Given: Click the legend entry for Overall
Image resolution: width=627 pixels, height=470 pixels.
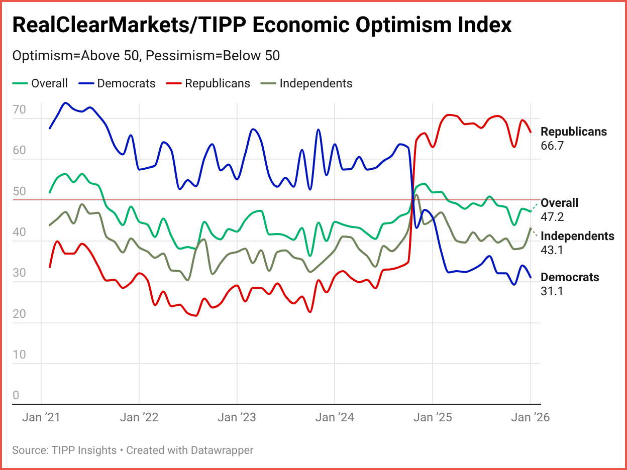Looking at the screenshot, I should pyautogui.click(x=49, y=83).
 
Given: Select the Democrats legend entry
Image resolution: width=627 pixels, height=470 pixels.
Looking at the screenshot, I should pyautogui.click(x=126, y=83).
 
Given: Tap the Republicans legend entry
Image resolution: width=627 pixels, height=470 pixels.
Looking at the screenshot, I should pyautogui.click(x=217, y=83).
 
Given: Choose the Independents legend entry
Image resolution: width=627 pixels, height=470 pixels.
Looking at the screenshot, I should pyautogui.click(x=316, y=83).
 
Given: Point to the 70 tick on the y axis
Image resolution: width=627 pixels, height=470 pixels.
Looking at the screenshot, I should pyautogui.click(x=19, y=109).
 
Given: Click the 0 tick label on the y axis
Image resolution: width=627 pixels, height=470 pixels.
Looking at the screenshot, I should pyautogui.click(x=16, y=395).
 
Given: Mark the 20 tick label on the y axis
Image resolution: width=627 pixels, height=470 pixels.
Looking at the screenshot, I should pyautogui.click(x=19, y=314).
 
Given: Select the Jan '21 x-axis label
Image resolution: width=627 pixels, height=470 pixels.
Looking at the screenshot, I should pyautogui.click(x=41, y=417).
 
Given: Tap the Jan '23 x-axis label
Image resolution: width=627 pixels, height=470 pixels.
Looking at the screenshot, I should pyautogui.click(x=237, y=417).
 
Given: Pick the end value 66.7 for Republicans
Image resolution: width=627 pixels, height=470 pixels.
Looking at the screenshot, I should pyautogui.click(x=552, y=146).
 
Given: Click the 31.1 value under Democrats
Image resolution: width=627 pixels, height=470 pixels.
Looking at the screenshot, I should pyautogui.click(x=551, y=291).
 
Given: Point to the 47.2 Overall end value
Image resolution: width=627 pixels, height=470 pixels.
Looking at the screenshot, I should pyautogui.click(x=552, y=217).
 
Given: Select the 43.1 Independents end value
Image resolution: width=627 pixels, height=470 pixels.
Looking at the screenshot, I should pyautogui.click(x=552, y=250).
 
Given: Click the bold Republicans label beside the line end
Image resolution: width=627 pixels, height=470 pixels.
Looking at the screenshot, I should pyautogui.click(x=574, y=132).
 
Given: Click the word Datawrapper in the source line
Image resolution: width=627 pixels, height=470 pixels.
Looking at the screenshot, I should pyautogui.click(x=222, y=450).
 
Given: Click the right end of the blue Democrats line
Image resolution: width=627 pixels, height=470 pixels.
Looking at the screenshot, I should pyautogui.click(x=531, y=277).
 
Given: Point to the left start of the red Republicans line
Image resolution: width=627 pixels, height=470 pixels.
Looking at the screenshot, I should pyautogui.click(x=50, y=267).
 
